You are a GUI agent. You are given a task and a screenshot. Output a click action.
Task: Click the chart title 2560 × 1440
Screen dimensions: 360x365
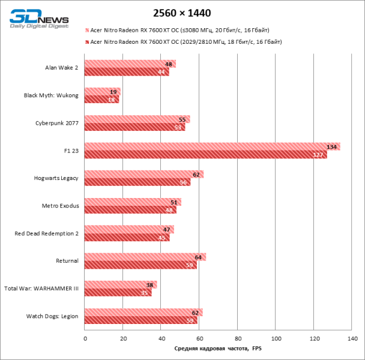tap(182, 13)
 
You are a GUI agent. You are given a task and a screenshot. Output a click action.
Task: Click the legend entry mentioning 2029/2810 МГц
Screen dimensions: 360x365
tap(186, 41)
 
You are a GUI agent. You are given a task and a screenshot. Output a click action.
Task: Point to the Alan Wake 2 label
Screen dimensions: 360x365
tap(62, 68)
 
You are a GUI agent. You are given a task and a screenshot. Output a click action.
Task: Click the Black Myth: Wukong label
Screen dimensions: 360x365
tap(51, 95)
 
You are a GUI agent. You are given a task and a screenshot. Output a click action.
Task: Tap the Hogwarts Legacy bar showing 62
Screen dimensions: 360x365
tap(143, 175)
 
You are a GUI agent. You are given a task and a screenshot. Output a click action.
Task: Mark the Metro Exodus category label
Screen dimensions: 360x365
tap(60, 206)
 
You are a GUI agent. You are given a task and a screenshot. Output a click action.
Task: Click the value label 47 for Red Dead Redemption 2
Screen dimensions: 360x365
tap(167, 230)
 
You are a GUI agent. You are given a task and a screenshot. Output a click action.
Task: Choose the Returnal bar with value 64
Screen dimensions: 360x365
tap(145, 257)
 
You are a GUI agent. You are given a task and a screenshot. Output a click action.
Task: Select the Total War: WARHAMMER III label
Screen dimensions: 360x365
tap(41, 289)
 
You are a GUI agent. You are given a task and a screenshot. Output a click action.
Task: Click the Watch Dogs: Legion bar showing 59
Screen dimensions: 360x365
tap(140, 320)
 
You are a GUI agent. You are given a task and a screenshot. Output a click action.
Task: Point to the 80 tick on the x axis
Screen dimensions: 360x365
tap(238, 339)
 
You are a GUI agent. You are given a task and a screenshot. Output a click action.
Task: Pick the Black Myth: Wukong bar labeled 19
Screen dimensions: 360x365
tap(102, 92)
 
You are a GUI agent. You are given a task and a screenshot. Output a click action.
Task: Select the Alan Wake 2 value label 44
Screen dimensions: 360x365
tap(162, 72)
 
